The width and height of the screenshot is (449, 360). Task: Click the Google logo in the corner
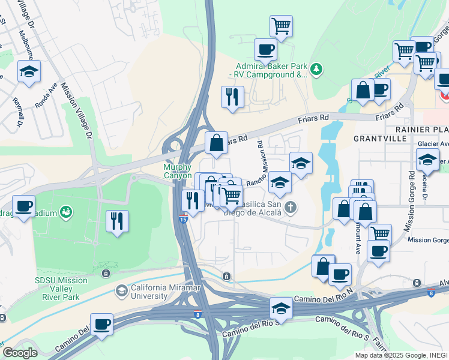coord(20,353)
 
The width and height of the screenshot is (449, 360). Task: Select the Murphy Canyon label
coord(178,171)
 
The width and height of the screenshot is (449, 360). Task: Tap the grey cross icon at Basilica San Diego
coord(291,208)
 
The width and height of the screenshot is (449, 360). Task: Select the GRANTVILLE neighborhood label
coord(380,138)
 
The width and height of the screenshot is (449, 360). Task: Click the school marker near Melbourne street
coord(29,71)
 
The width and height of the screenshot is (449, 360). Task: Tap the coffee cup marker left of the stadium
coord(23,206)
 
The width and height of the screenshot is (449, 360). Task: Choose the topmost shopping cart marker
coord(281,26)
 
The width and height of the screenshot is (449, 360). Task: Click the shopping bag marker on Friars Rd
coord(216,143)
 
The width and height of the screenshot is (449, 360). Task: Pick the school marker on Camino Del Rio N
coord(280,308)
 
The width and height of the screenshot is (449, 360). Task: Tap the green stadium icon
coord(66,212)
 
